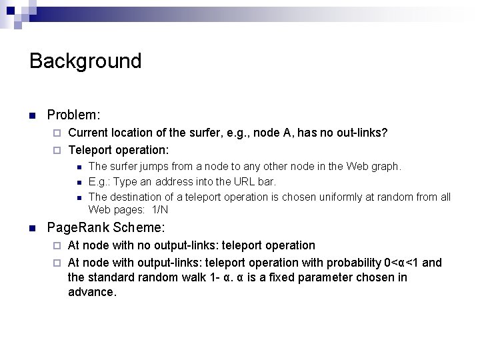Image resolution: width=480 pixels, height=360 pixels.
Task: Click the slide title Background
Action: pyautogui.click(x=85, y=61)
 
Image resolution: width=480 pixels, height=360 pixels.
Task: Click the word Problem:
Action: pyautogui.click(x=74, y=115)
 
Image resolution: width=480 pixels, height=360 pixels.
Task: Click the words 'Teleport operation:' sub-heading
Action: pyautogui.click(x=119, y=149)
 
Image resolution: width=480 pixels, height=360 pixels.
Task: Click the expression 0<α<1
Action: pyautogui.click(x=400, y=263)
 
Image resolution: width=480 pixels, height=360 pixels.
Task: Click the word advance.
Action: pyautogui.click(x=92, y=293)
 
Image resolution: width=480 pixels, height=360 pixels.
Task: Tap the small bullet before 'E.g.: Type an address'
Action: pyautogui.click(x=79, y=182)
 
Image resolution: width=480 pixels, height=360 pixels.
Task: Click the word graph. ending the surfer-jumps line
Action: pyautogui.click(x=386, y=166)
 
